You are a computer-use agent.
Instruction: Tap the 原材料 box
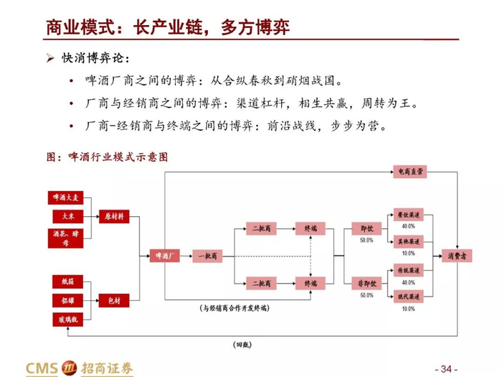tap(114, 215)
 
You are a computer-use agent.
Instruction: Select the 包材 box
tap(114, 299)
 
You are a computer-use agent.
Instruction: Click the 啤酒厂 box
tap(160, 256)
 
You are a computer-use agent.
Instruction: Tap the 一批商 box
tap(207, 256)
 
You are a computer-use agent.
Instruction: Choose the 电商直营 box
tap(409, 172)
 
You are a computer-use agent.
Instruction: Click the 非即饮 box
tap(366, 284)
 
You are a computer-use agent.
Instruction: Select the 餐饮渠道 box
tap(409, 214)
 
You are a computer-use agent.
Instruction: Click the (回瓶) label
tap(244, 345)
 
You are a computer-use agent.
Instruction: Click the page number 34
tap(447, 368)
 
